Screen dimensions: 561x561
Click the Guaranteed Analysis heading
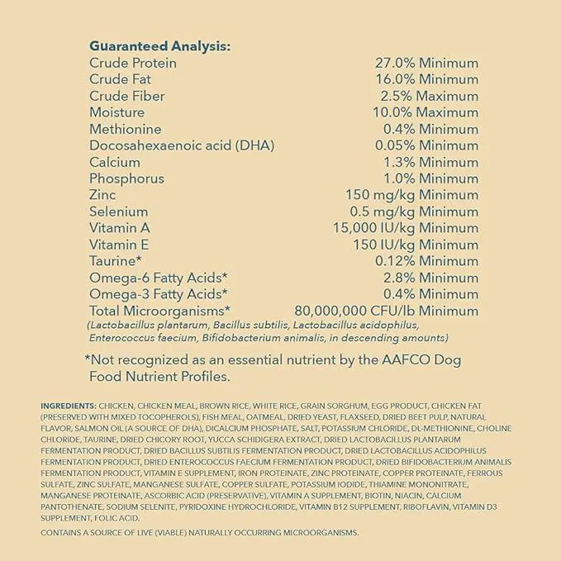(x=159, y=46)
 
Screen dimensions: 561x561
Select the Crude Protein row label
(x=133, y=64)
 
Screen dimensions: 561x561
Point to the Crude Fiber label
(x=127, y=97)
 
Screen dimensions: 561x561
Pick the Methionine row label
(x=125, y=130)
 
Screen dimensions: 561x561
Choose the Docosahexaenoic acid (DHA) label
(x=182, y=146)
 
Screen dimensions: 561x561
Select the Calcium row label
(x=115, y=163)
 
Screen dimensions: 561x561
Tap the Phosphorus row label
(x=126, y=179)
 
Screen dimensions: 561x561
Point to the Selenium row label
(x=119, y=212)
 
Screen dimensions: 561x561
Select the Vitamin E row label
(x=120, y=245)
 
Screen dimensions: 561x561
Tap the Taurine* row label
(x=116, y=262)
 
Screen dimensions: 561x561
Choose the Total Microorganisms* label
(x=159, y=311)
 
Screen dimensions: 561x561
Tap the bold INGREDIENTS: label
(x=68, y=406)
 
